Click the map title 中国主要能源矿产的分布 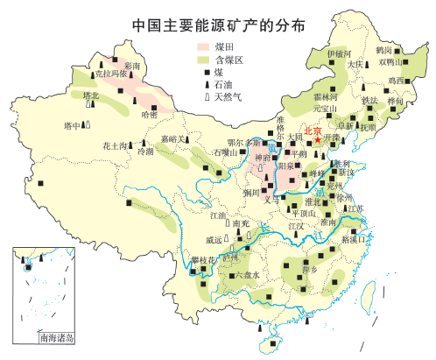(x=219, y=25)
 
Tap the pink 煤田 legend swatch (x=203, y=46)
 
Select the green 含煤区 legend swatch (x=203, y=59)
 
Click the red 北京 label (x=313, y=129)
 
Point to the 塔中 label (x=74, y=126)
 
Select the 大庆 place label (x=355, y=64)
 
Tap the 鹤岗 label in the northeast (x=384, y=50)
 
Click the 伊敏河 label (x=339, y=53)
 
